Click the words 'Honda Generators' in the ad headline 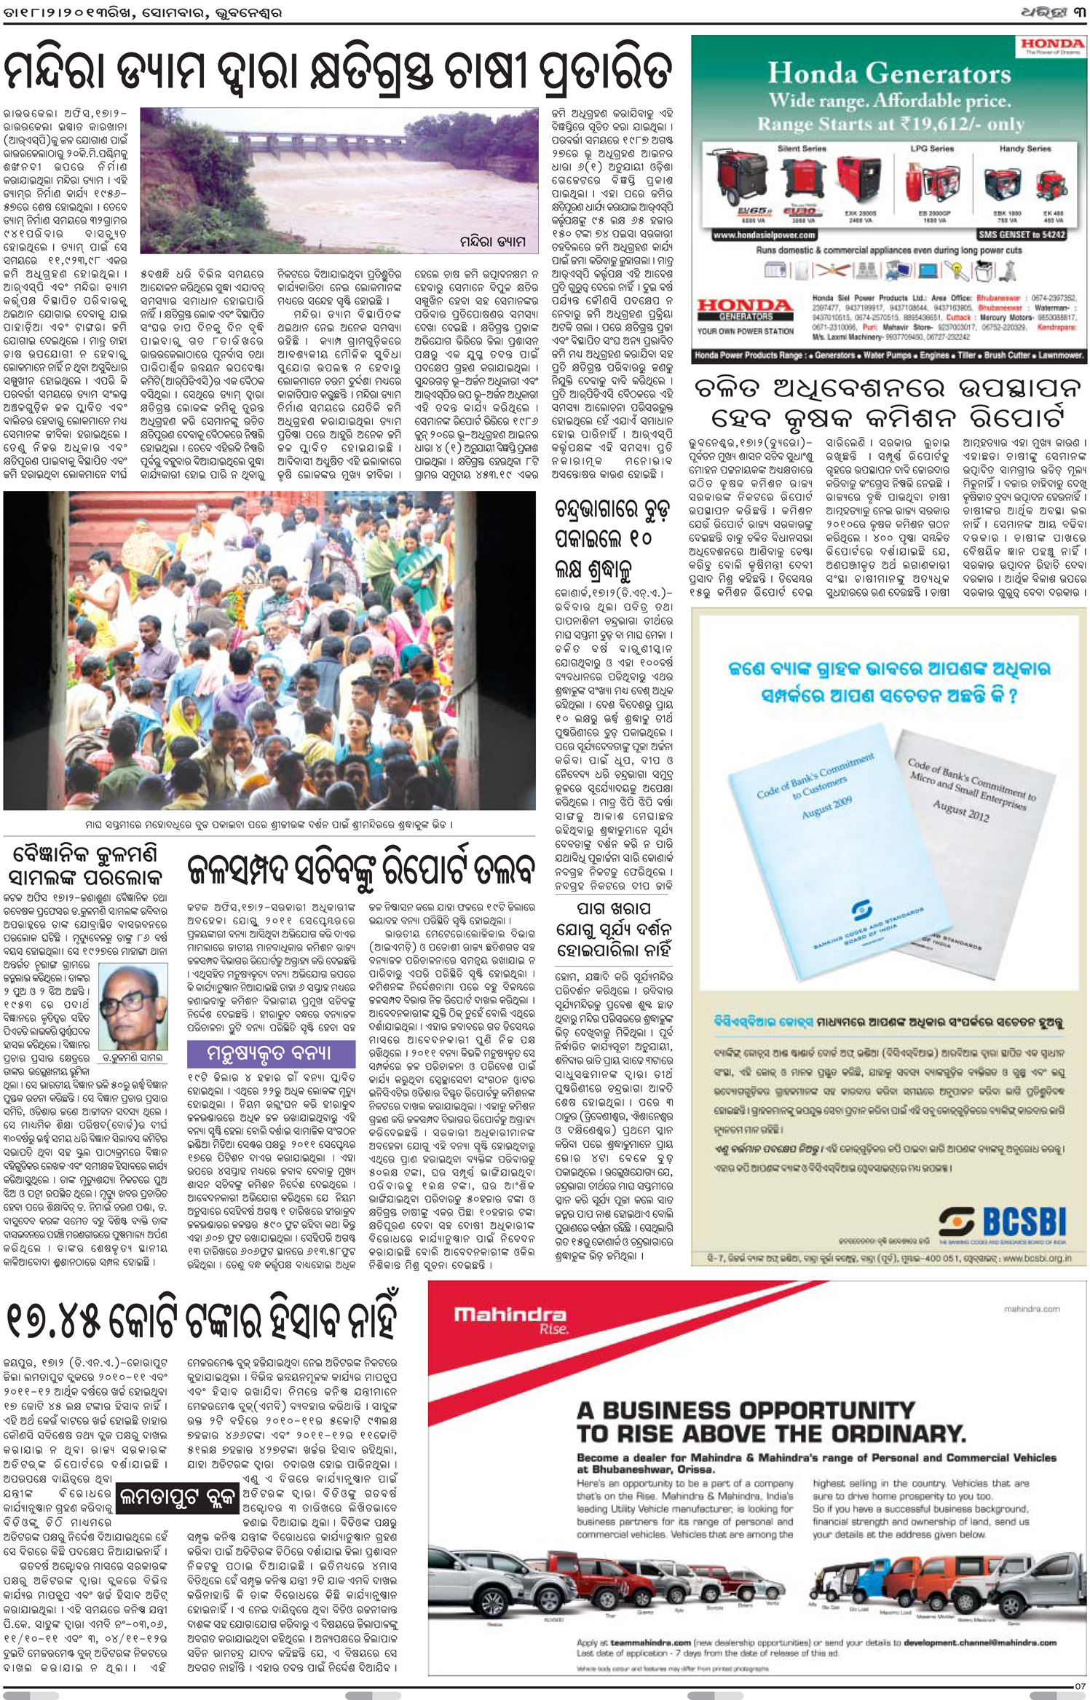point(889,74)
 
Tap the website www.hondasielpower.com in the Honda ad point(754,235)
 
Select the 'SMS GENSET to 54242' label point(1022,235)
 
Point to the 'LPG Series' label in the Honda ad point(931,149)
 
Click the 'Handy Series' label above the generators point(1024,149)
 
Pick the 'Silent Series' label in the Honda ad point(802,149)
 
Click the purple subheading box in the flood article point(271,1053)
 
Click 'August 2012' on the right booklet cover point(961,811)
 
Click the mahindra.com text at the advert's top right point(1032,1309)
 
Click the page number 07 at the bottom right point(1080,1686)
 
